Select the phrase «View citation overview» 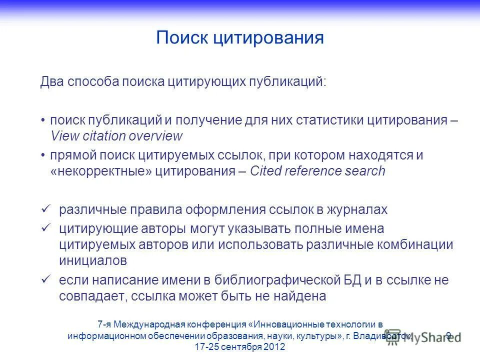click(116, 136)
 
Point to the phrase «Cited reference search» click(318, 171)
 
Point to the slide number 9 click(448, 335)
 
